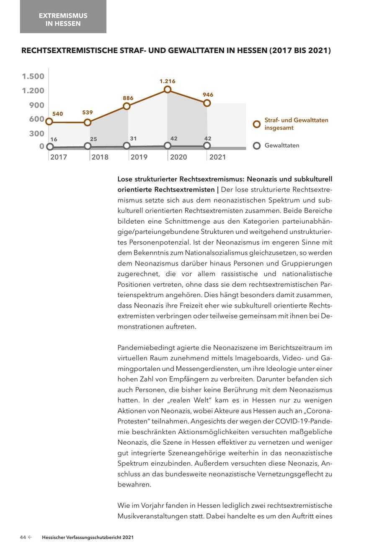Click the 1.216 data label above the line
click(x=168, y=81)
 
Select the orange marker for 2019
click(x=127, y=106)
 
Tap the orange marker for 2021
click(x=207, y=103)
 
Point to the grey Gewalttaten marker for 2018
click(x=88, y=146)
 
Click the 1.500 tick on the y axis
click(x=33, y=76)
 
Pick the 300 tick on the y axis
click(x=36, y=133)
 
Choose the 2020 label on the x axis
click(x=178, y=157)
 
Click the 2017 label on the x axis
click(x=58, y=157)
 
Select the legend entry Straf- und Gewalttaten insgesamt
click(x=296, y=124)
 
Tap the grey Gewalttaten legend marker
click(x=257, y=146)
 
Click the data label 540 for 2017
click(x=57, y=114)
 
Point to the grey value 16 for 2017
click(x=54, y=139)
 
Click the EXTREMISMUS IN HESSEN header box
click(x=63, y=20)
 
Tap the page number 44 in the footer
click(x=23, y=538)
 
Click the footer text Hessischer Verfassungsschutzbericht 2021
click(x=88, y=538)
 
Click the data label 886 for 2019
click(x=128, y=98)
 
